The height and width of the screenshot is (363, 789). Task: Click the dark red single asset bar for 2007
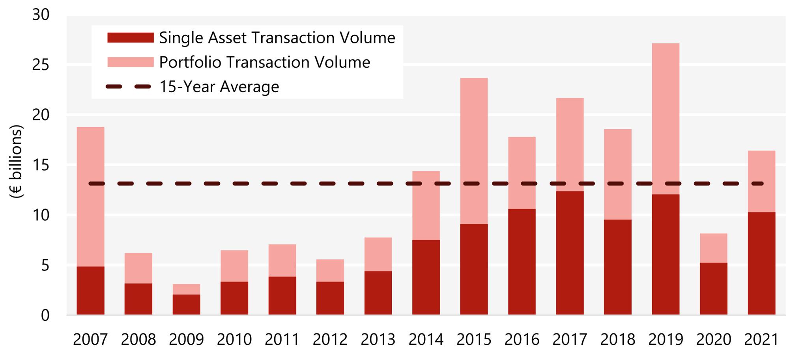coord(90,290)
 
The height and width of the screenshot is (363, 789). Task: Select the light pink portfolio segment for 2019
coord(666,118)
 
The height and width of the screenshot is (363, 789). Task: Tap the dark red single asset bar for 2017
coord(570,253)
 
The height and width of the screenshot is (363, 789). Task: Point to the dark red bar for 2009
coord(186,304)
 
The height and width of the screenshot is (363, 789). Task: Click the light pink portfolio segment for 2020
coord(713,248)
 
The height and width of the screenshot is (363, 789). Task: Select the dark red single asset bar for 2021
coord(761,263)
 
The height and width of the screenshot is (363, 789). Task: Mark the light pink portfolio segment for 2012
coord(330,270)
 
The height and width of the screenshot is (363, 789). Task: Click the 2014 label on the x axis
coord(426,339)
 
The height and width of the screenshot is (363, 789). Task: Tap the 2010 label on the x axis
coord(234,339)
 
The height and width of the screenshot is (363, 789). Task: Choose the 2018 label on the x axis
coord(617,339)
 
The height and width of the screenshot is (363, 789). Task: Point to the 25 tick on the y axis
coord(41,65)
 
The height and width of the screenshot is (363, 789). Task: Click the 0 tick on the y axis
coord(45,315)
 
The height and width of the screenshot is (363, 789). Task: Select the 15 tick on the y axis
coord(41,165)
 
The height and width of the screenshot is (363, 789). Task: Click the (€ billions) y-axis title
coord(16,161)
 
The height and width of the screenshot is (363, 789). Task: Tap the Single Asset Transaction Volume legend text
coord(277,38)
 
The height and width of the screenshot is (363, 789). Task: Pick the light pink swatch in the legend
coord(130,62)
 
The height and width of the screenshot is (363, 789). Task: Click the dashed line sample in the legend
coord(129,87)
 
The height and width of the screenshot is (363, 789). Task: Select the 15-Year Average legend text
coord(219,87)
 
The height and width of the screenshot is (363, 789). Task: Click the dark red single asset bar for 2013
coord(378,293)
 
